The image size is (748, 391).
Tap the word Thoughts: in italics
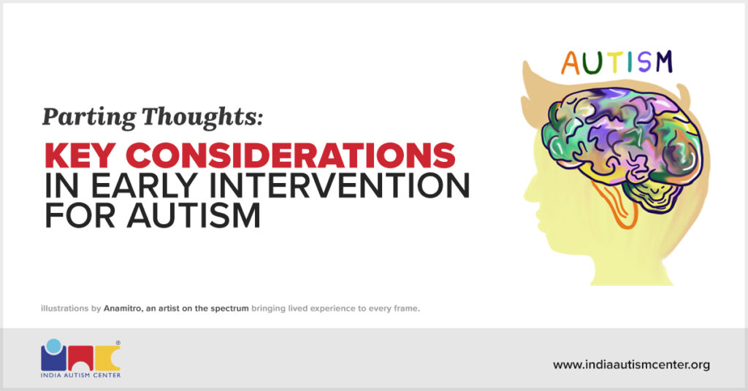pos(202,117)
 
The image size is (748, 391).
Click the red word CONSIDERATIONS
pos(291,155)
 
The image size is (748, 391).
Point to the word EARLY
pos(144,186)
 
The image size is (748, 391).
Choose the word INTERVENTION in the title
pos(340,186)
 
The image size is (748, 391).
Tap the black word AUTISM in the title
pos(194,216)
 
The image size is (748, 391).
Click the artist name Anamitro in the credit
pos(122,308)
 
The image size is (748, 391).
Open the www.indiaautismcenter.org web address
pos(631,365)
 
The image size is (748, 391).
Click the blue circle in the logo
pos(54,345)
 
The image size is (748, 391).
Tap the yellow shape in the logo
pos(107,358)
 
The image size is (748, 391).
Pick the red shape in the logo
pos(80,358)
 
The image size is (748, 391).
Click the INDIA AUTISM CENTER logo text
pos(80,375)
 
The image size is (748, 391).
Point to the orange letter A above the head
pos(570,63)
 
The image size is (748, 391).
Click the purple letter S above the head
pos(644,62)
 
